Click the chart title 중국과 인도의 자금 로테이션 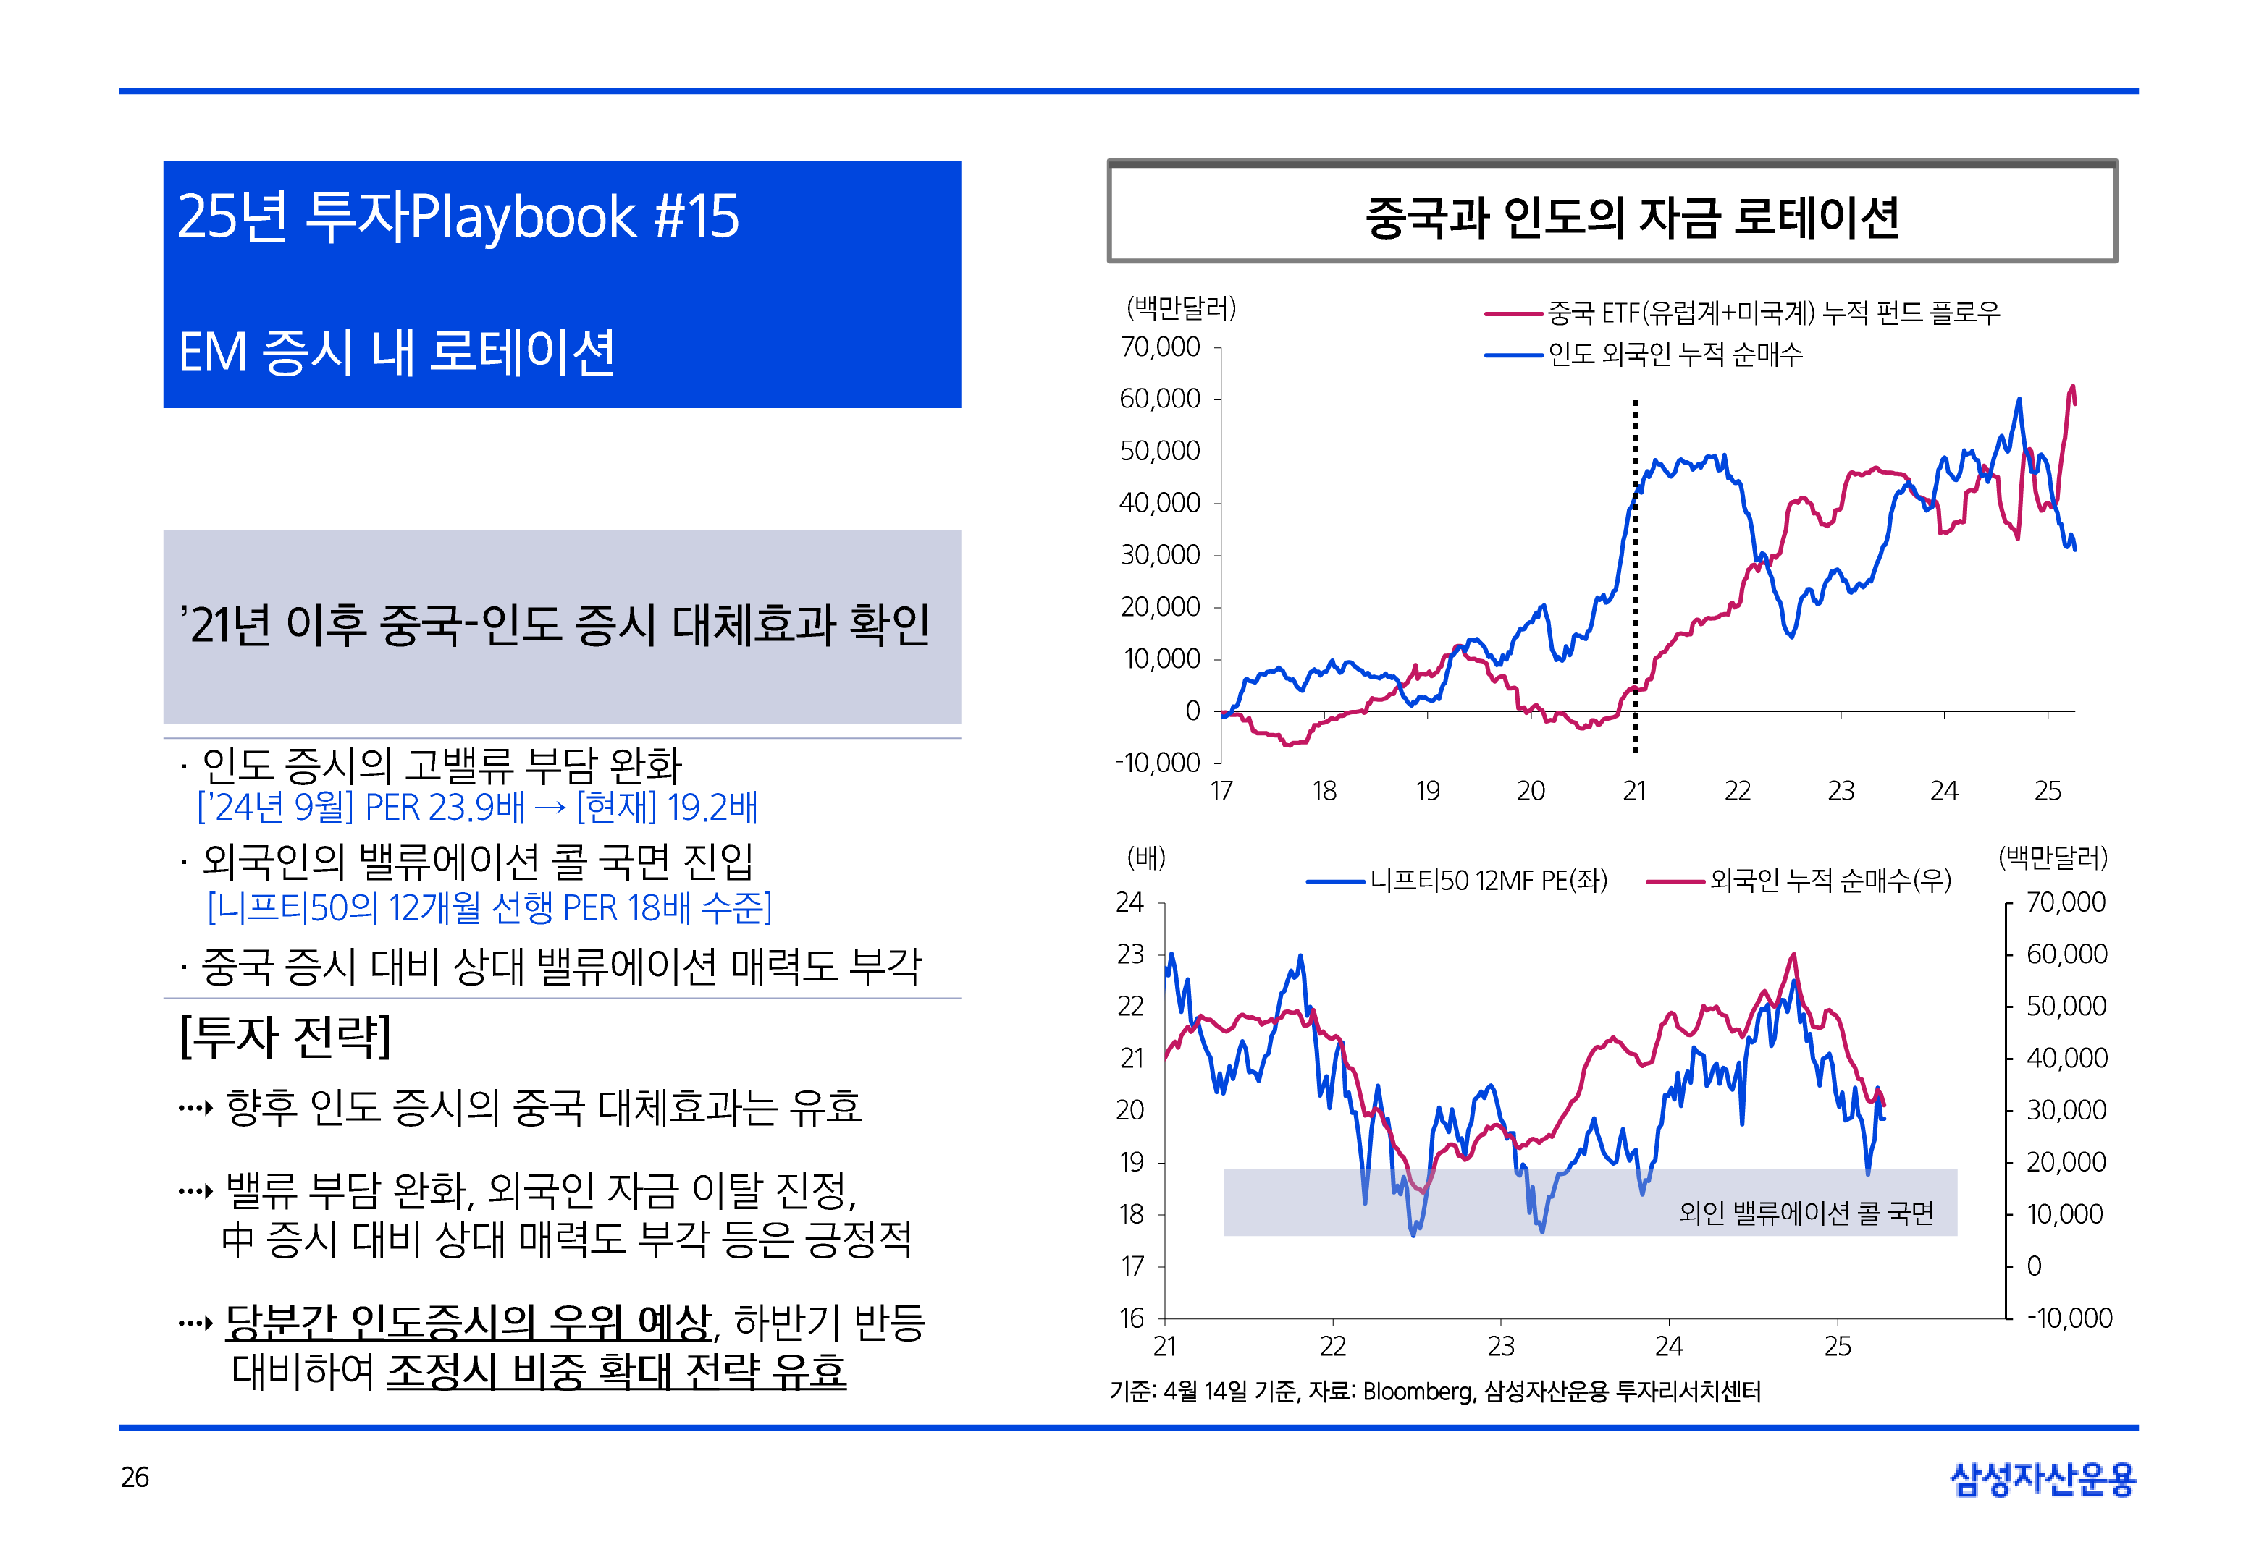1631,216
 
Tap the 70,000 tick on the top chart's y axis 1160,347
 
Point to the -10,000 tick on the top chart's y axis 1157,763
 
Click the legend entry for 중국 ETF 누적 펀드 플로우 1773,313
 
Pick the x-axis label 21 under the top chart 1634,792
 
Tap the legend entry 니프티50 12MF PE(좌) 1487,881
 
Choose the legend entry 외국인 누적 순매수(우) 1829,881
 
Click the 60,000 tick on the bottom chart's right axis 2066,954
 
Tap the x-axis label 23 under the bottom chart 1501,1347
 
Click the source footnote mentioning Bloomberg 1434,1392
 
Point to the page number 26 135,1477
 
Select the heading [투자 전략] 285,1037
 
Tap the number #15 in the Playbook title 697,216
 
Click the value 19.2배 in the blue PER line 712,808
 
